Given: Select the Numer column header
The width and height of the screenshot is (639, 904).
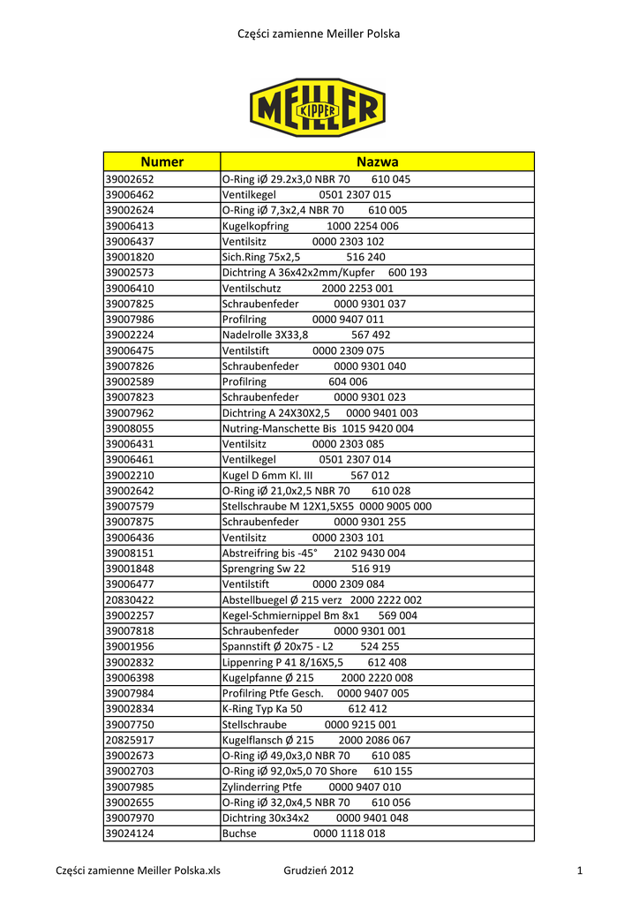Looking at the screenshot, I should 162,162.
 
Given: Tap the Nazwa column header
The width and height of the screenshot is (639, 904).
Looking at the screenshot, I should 377,162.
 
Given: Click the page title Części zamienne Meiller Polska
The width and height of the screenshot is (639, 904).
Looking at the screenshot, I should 319,34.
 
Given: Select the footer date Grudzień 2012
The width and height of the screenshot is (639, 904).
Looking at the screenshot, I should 319,872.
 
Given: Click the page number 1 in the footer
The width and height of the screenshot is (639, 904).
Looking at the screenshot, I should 580,872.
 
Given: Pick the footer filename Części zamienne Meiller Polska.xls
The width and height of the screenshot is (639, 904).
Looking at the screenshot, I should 138,872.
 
